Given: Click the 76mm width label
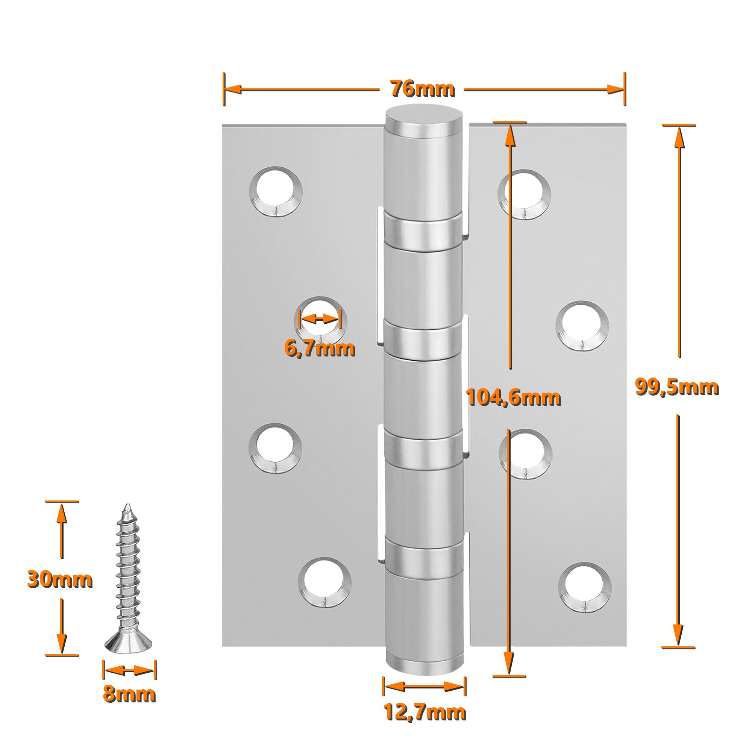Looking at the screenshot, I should [x=423, y=89].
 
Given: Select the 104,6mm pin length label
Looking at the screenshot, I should [x=514, y=397].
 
